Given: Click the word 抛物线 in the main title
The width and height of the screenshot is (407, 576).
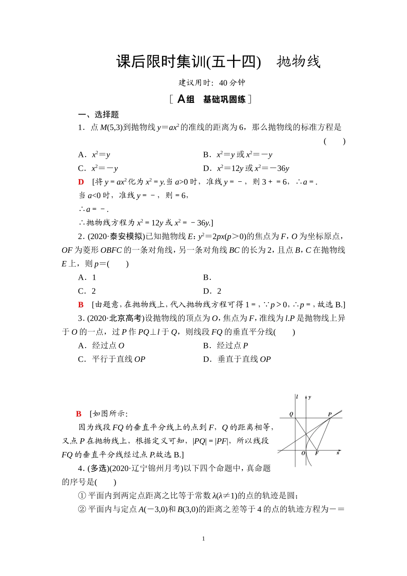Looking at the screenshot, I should pyautogui.click(x=298, y=62).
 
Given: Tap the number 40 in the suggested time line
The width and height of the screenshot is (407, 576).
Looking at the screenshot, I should pyautogui.click(x=224, y=83).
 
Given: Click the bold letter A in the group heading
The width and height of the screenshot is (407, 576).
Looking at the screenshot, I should pyautogui.click(x=181, y=99).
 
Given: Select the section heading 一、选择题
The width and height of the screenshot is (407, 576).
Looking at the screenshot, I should pyautogui.click(x=98, y=114).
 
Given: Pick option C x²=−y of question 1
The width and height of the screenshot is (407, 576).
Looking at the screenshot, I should pyautogui.click(x=98, y=168).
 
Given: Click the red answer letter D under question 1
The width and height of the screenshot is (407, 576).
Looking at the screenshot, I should pyautogui.click(x=81, y=182).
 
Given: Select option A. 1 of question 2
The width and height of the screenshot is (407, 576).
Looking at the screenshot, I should pyautogui.click(x=87, y=278).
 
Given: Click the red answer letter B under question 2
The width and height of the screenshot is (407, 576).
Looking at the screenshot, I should pyautogui.click(x=81, y=305).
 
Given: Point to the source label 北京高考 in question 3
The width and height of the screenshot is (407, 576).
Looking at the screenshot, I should pyautogui.click(x=126, y=318).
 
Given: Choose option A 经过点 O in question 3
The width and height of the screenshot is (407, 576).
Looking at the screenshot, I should pyautogui.click(x=101, y=346).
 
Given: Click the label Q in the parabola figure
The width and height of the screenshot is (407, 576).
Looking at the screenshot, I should pyautogui.click(x=291, y=414).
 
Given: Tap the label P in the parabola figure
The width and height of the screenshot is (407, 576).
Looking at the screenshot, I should pyautogui.click(x=329, y=414).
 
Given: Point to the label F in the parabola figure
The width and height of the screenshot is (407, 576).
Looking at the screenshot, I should pyautogui.click(x=317, y=453).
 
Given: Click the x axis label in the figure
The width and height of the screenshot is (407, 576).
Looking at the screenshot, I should pyautogui.click(x=338, y=453).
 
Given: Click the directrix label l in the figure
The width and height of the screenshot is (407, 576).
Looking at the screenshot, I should pyautogui.click(x=297, y=397).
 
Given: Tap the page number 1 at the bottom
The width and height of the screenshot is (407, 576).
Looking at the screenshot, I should pyautogui.click(x=203, y=539).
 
